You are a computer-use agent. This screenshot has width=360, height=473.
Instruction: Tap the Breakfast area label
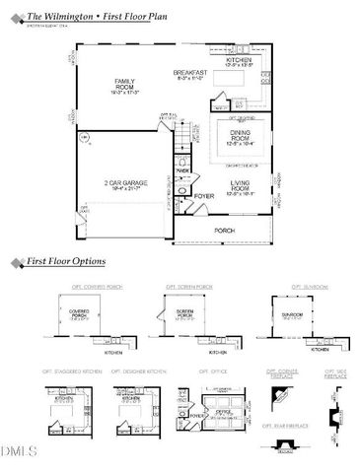(188, 73)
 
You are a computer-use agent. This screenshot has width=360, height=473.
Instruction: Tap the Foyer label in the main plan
(204, 196)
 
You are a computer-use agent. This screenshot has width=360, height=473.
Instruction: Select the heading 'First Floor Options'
(67, 263)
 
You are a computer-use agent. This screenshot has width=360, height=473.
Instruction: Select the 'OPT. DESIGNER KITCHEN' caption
(137, 372)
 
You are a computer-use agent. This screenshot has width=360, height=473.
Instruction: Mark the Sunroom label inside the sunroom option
(293, 314)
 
